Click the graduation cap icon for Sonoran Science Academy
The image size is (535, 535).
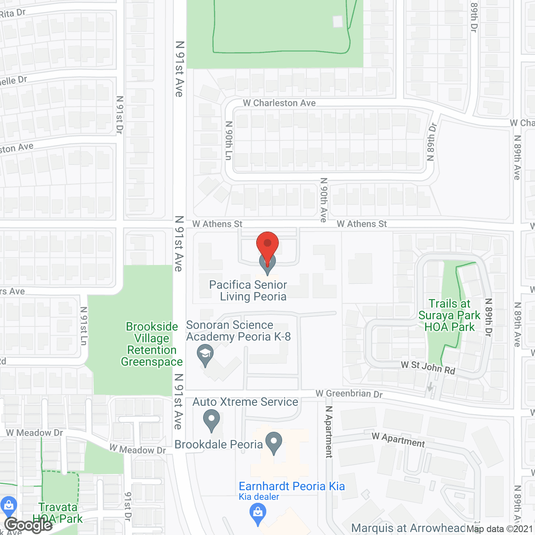[205, 355]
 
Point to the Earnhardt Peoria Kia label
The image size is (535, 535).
[292, 486]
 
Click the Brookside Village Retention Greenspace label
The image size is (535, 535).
[152, 344]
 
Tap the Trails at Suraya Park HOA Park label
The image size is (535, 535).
[450, 316]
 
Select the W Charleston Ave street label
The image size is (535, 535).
[279, 103]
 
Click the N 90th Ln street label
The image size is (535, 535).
[229, 140]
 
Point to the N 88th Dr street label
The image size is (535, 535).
[431, 142]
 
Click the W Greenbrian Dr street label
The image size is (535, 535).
[349, 394]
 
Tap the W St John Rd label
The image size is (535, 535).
[428, 367]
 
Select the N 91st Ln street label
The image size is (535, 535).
[84, 326]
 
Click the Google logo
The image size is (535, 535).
[28, 525]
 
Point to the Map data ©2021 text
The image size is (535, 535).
[500, 529]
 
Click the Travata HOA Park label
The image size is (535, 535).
[59, 513]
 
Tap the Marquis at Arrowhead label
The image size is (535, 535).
[408, 528]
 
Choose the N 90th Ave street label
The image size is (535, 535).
[324, 200]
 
